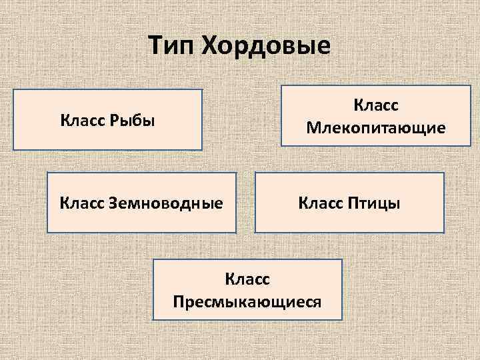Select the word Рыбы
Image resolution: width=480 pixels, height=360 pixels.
coord(133,121)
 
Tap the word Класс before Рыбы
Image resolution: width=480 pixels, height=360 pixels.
coord(83,121)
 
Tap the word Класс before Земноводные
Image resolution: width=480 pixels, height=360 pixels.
coord(82,203)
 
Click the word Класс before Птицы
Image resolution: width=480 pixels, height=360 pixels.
coord(321,203)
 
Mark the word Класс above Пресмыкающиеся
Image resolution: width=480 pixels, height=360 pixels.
coord(247,280)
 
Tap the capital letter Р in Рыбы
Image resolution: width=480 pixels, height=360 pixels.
coord(114,121)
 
